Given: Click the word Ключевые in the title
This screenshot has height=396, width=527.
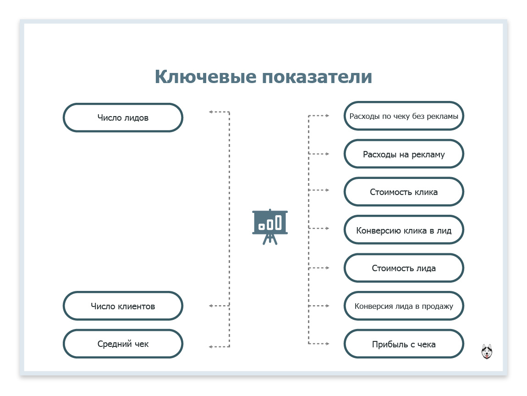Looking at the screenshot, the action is coord(206,77).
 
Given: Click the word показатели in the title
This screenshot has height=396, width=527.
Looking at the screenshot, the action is coord(317,77).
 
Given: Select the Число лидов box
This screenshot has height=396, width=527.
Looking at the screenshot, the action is coord(123,117).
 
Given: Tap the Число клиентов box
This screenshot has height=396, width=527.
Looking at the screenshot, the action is coord(123,306).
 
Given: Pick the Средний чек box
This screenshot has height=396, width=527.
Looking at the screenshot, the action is coord(123,344).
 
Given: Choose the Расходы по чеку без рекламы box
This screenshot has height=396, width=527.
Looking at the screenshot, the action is coord(404,116).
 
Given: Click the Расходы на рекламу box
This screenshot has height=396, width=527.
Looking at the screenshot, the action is coord(404,154).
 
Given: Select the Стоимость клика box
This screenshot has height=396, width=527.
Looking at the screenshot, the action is coord(404,192).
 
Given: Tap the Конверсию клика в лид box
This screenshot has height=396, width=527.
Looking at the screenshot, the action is coord(404,230).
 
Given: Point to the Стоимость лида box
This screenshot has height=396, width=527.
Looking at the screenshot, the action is coord(404,268).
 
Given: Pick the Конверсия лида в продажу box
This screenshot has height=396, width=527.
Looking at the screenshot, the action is coord(404,306).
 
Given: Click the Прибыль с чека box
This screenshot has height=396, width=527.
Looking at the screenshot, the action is coord(404,344).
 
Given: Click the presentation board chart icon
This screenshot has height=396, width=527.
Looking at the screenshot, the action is coord(270,226).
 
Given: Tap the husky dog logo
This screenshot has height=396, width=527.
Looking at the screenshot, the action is coord(487,351).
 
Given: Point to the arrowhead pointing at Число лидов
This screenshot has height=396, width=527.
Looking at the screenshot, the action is coord(211,112).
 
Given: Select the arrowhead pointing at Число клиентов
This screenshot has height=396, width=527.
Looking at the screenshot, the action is coord(211,306).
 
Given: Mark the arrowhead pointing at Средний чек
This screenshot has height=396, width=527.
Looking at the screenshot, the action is coord(211,346).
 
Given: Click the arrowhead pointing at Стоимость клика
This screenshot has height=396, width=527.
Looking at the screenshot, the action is coord(327,190).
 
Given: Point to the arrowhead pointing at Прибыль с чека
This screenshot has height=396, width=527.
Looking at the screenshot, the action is coord(327,344).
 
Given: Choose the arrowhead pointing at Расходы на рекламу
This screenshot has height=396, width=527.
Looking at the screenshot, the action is coord(327,154).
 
